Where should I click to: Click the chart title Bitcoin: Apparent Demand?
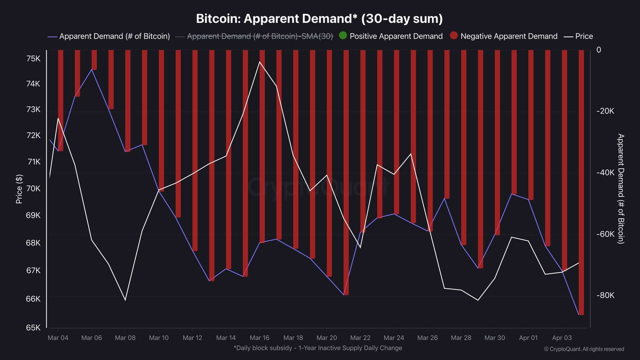click(x=319, y=19)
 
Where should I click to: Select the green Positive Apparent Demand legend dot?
click(x=343, y=36)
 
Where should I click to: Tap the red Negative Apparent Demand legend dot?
click(x=454, y=36)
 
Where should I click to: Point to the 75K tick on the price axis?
click(x=33, y=58)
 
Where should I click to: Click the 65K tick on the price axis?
click(x=33, y=327)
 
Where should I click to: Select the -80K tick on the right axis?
click(x=605, y=295)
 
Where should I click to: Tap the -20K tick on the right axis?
click(x=605, y=111)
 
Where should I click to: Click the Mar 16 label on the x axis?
click(x=259, y=338)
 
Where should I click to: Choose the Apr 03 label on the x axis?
click(x=562, y=338)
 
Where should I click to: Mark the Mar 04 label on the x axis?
click(x=58, y=338)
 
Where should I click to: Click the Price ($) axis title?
click(x=19, y=189)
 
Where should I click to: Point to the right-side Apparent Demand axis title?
click(x=621, y=188)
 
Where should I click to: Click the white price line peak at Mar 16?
click(x=259, y=62)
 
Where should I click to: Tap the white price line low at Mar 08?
click(x=125, y=300)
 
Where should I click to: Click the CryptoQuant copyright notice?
click(x=584, y=349)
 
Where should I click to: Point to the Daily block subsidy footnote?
click(x=317, y=348)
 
